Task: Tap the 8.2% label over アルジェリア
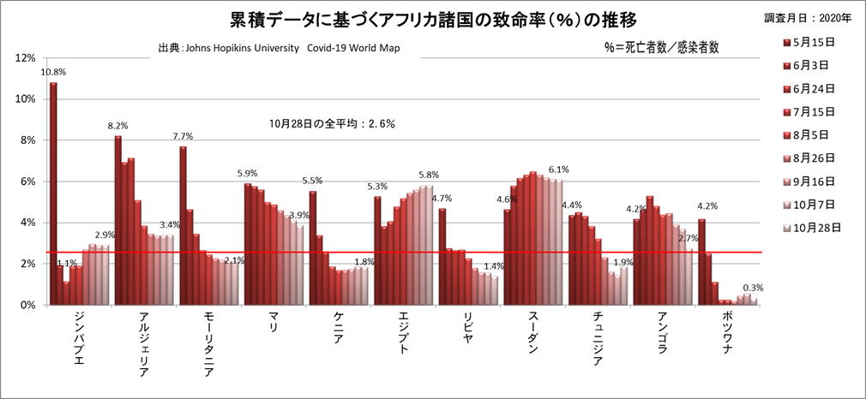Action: coord(117,126)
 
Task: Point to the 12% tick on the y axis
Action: coord(26,58)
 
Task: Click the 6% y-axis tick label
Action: coord(28,182)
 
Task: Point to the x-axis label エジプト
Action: coord(403,335)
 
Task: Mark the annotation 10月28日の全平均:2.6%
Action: coord(332,123)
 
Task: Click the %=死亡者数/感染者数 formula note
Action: coord(661,49)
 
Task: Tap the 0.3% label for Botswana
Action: coord(754,287)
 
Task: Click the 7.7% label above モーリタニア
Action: coord(183,136)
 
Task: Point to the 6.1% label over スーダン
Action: coord(558,170)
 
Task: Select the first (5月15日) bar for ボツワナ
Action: coord(701,261)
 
